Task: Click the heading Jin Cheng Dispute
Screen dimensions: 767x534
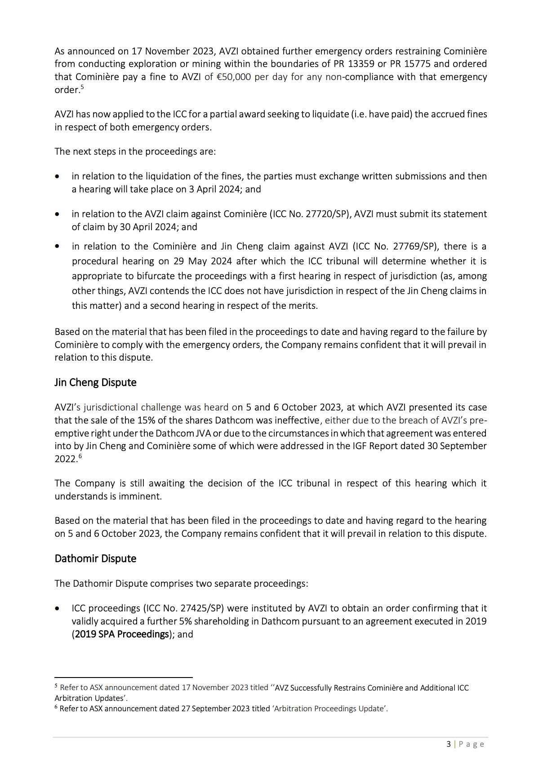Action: [95, 383]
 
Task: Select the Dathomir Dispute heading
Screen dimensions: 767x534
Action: [95, 559]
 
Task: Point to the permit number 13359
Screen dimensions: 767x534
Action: [361, 64]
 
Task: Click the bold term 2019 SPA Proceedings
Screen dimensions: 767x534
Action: [122, 634]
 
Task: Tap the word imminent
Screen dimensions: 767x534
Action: [141, 496]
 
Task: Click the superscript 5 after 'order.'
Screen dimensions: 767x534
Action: [82, 87]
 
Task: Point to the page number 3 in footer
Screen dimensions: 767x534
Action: [448, 745]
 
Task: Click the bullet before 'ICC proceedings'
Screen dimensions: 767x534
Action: [57, 609]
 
